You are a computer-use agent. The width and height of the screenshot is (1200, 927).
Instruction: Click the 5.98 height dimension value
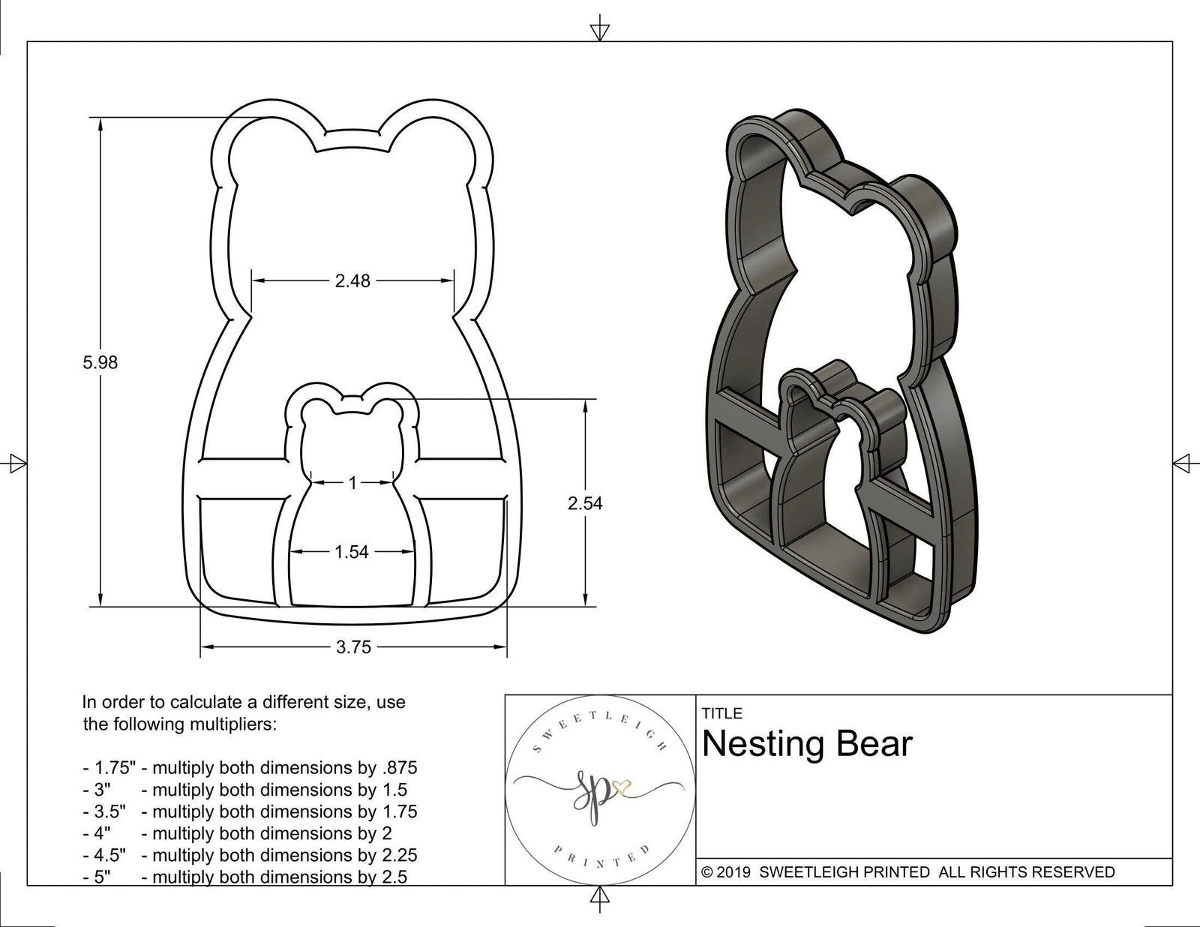100,363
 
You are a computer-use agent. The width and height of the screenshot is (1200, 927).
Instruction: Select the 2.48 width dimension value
352,281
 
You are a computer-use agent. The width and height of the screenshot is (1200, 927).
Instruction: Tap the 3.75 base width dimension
353,647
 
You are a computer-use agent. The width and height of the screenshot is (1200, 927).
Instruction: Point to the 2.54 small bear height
585,504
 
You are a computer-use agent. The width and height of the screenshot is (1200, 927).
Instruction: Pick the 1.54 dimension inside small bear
352,553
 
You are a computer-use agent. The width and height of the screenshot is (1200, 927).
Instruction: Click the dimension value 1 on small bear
352,484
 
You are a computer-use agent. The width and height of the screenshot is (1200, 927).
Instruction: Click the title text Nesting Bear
807,744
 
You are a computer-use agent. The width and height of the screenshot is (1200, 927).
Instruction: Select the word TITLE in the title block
721,713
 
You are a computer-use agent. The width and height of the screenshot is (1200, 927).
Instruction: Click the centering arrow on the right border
1183,463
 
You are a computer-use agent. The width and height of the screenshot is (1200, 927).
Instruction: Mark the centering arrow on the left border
15,463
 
